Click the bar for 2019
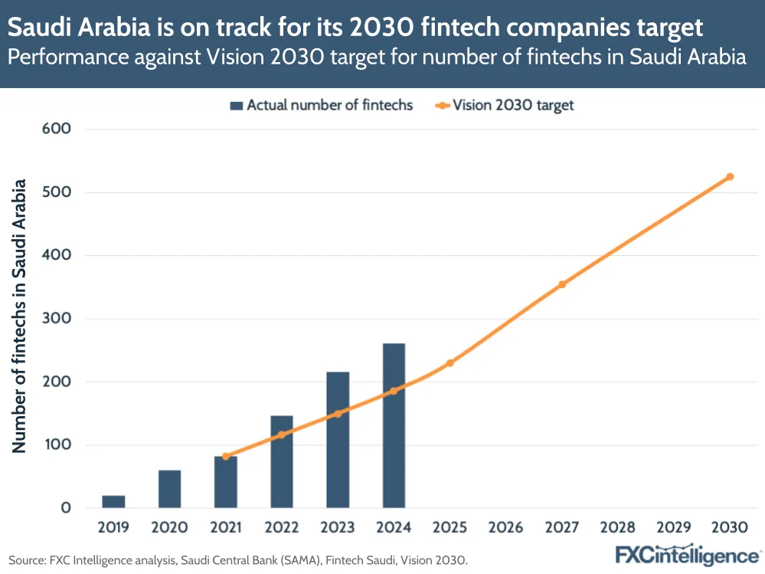click(113, 501)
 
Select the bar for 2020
click(169, 489)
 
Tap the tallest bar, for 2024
click(394, 425)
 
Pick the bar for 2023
click(338, 440)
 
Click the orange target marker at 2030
click(730, 176)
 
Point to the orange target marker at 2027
click(562, 284)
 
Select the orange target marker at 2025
click(450, 362)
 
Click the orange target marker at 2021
click(226, 456)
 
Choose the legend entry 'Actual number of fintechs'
click(322, 106)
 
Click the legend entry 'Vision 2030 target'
click(505, 106)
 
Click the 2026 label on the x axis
click(505, 528)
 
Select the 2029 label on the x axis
click(674, 528)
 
